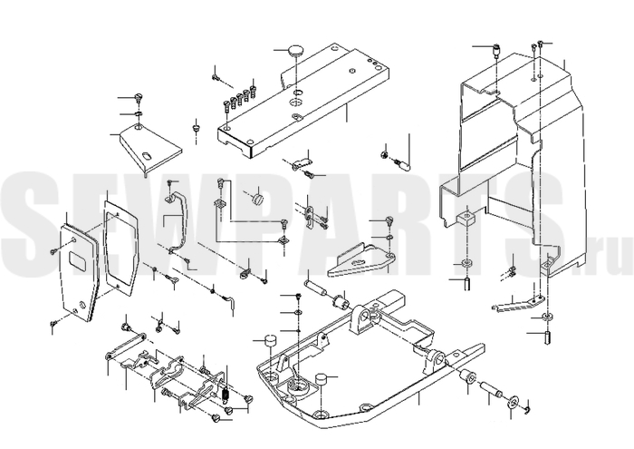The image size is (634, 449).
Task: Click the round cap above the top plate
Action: coord(297,51)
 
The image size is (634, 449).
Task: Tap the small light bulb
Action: coord(404,164)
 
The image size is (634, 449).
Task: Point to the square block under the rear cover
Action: coord(466,220)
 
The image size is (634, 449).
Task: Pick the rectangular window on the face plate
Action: coord(78,260)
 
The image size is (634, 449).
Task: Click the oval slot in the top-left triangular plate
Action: coord(147,156)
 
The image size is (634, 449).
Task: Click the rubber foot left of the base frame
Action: coord(270,341)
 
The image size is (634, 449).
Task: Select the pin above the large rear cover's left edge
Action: coord(496,51)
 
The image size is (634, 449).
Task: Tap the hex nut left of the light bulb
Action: coord(385,154)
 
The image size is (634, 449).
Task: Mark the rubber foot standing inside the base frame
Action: coord(321,380)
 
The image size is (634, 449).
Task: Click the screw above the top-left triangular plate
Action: coord(139,98)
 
